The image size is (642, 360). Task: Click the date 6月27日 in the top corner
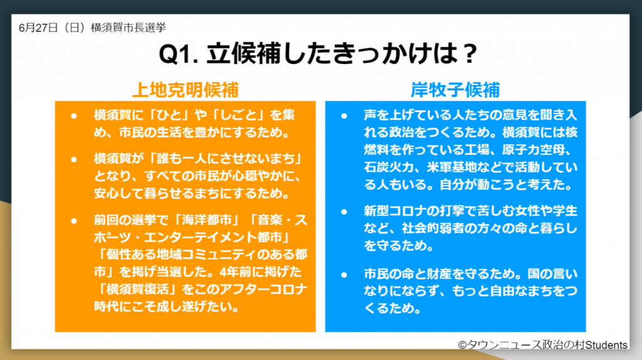point(38,28)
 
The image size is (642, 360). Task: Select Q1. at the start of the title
point(179,54)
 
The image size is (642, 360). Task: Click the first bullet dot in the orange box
point(74,116)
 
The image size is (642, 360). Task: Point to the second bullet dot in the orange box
point(74,159)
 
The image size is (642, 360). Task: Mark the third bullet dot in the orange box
point(74,221)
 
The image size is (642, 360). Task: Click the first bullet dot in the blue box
point(344,116)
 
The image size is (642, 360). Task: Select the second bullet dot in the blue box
point(344,212)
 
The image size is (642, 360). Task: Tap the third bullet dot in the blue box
point(344,275)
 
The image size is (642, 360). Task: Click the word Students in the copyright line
point(606,345)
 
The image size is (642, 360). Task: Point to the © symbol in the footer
point(463,345)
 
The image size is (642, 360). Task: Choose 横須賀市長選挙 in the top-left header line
point(129,28)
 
